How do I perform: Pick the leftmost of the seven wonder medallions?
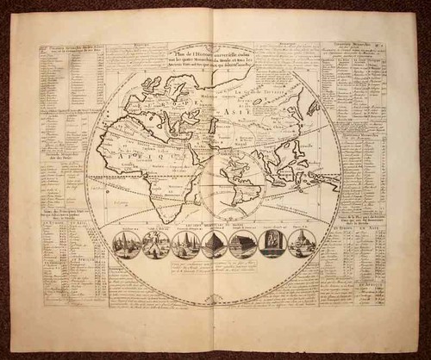(128, 244)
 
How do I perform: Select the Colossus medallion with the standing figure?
(157, 244)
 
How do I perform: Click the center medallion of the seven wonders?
(215, 244)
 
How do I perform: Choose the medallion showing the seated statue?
(273, 244)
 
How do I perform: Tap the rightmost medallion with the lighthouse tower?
(302, 244)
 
